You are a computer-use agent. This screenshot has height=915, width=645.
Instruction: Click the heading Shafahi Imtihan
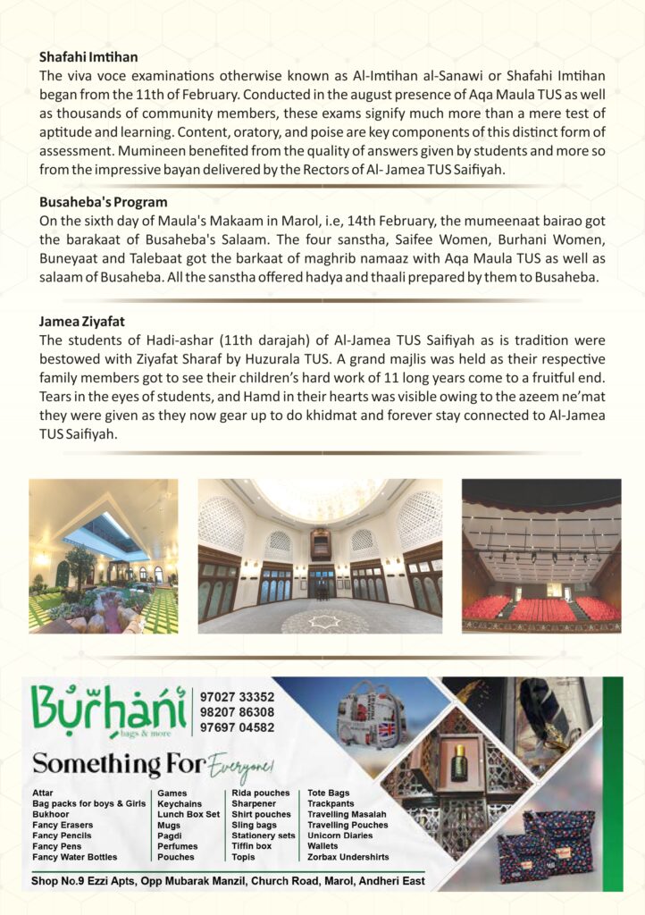click(75, 55)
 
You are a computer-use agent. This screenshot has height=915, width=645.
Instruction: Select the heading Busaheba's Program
click(103, 202)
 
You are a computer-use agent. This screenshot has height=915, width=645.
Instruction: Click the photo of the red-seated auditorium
click(540, 556)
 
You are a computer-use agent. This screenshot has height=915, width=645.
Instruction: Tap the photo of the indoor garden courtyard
click(103, 556)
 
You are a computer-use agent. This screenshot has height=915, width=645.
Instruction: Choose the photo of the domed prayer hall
click(320, 556)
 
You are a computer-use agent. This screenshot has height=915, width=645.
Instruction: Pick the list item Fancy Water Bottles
click(74, 857)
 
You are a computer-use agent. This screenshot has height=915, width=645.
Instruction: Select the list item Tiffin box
click(252, 846)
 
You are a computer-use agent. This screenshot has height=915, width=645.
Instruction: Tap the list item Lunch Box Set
click(188, 814)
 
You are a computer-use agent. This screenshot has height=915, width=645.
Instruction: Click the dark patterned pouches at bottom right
click(545, 844)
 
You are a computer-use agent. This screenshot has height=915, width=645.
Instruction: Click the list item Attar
click(42, 793)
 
